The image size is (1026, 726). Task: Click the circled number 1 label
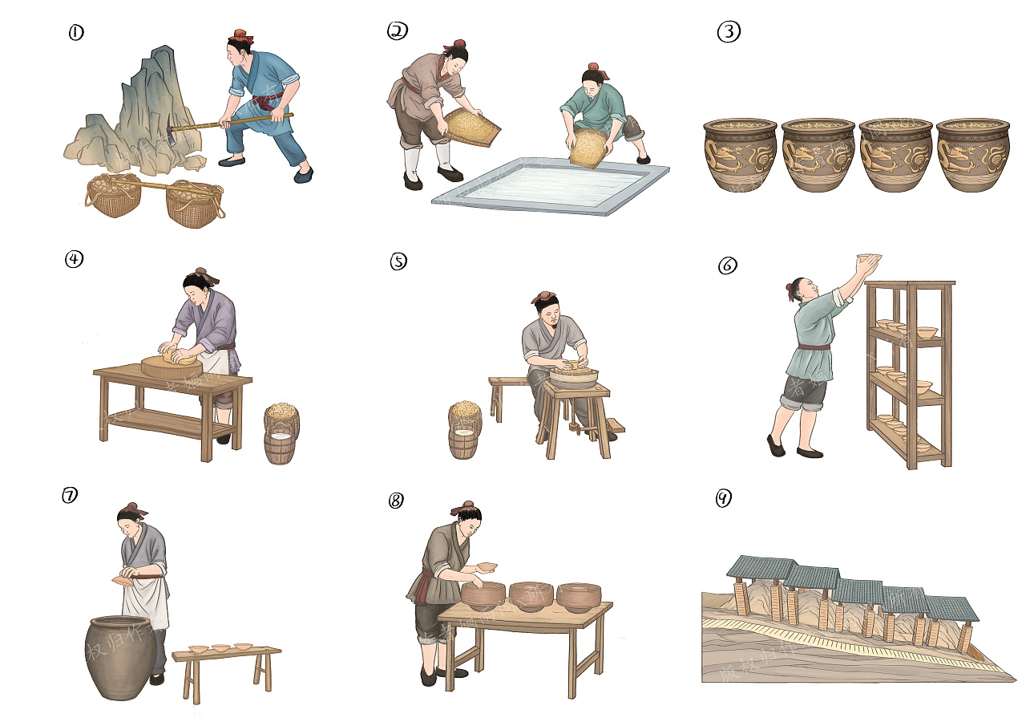(76, 33)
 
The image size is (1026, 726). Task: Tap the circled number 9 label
(723, 499)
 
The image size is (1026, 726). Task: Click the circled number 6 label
(727, 266)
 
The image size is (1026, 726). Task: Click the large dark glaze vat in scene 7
(120, 658)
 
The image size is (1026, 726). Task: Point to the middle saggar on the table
(531, 596)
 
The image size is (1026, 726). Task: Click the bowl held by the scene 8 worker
(486, 568)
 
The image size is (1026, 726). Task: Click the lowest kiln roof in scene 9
(951, 609)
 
